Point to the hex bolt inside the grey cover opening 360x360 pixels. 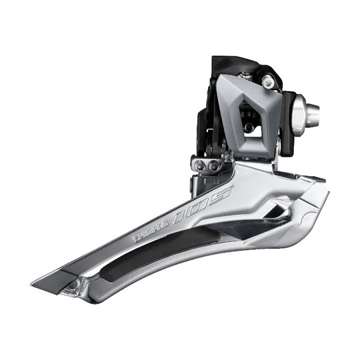tap(250, 125)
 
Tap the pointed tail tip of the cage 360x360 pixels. tap(37, 279)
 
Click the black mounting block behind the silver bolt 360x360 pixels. tap(289, 117)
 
